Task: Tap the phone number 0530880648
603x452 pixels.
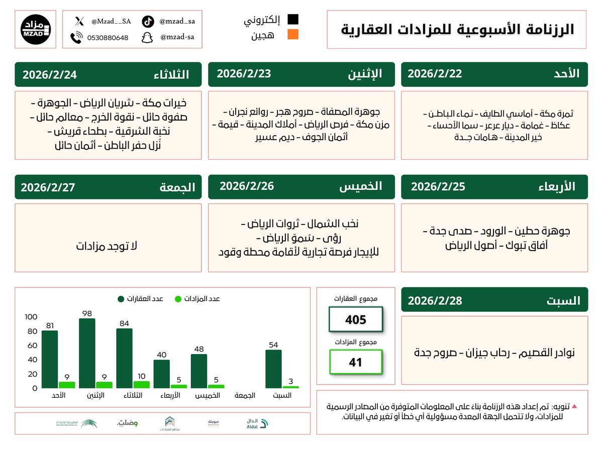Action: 107,38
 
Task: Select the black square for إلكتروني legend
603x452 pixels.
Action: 292,20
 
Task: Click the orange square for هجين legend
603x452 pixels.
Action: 292,35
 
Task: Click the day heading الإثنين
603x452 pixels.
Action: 365,74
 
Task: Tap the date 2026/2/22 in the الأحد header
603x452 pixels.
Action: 435,74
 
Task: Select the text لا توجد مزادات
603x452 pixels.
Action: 107,246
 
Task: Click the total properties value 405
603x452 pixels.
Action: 355,319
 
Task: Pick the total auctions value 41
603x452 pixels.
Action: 355,362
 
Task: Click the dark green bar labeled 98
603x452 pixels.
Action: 86,353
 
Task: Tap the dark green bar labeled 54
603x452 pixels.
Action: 273,369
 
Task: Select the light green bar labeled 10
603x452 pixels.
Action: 141,385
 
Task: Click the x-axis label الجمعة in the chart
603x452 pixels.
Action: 245,396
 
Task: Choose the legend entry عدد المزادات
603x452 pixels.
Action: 197,299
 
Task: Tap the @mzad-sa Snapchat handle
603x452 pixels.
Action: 177,37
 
